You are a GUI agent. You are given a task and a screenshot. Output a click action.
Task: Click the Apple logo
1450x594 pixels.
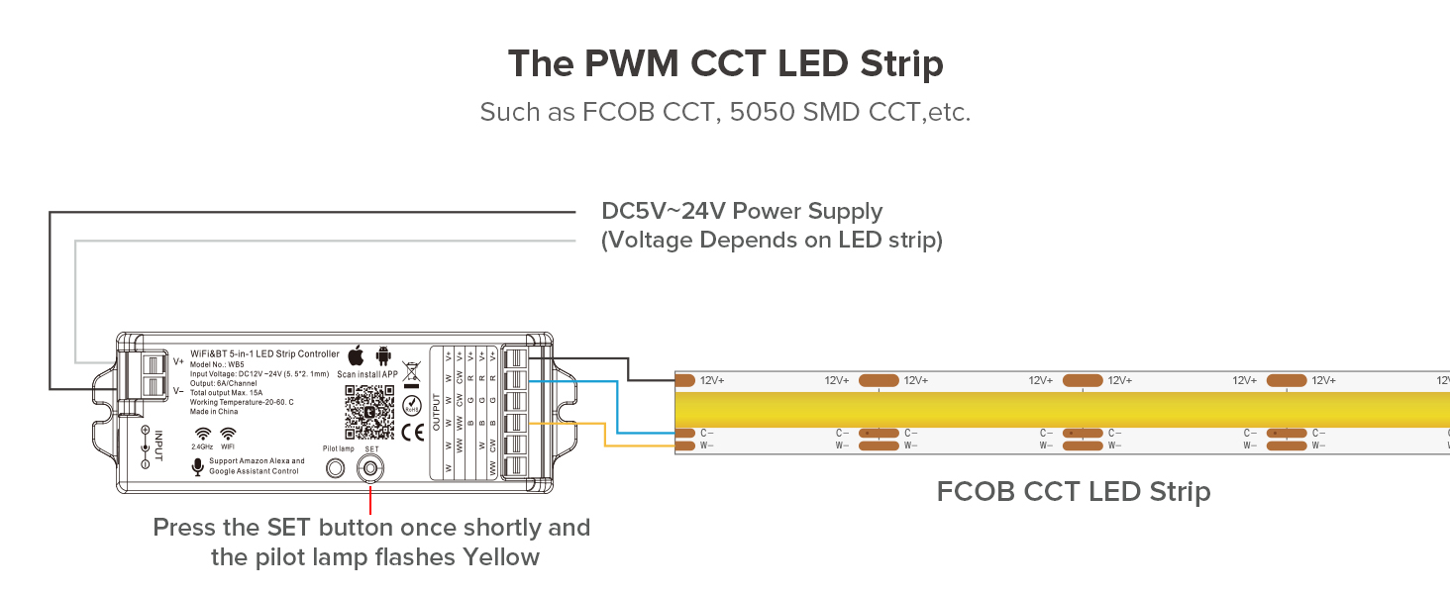[356, 355]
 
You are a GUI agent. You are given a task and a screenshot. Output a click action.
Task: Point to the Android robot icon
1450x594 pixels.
[383, 355]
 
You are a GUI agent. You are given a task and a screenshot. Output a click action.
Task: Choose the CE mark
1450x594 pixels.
[413, 432]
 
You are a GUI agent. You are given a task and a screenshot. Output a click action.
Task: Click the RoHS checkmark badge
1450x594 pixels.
[413, 406]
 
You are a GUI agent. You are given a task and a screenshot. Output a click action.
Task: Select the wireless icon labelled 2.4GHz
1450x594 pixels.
[202, 434]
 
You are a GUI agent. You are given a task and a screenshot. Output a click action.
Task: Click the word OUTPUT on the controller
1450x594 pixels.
[437, 411]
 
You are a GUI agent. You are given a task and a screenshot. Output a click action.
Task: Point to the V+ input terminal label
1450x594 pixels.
[178, 361]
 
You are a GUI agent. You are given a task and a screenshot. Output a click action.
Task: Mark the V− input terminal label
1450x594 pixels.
[178, 390]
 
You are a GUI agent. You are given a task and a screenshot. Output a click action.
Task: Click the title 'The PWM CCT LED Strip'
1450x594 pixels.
[725, 64]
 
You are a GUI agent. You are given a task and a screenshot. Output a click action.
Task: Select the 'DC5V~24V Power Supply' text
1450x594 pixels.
[742, 211]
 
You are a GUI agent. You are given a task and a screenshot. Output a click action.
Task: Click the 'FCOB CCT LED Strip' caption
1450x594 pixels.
[1074, 491]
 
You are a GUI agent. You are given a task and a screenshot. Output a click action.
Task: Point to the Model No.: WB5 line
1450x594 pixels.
[217, 364]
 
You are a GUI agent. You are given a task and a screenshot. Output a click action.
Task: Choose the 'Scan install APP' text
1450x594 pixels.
[367, 374]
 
